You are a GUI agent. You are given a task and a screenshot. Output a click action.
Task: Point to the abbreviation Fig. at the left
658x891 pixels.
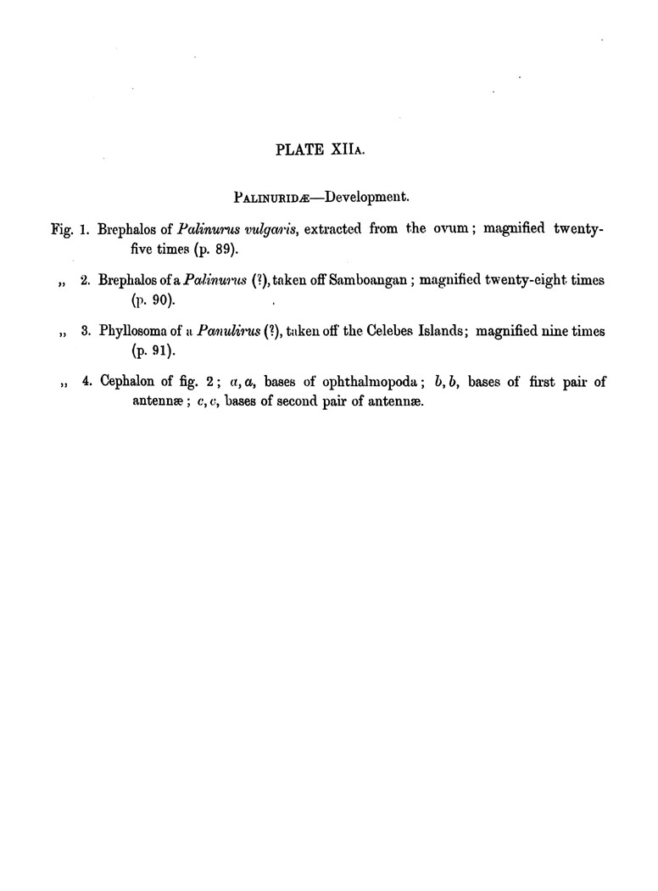tap(62, 229)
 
